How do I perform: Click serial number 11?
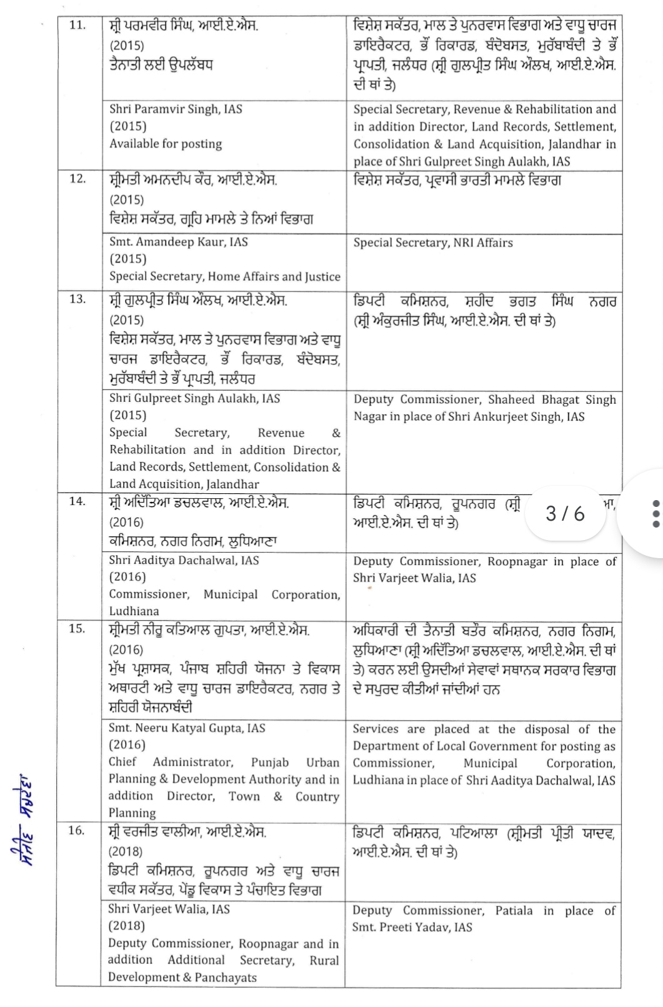coord(77,26)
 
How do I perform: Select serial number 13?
coord(77,299)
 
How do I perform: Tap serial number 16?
coord(77,831)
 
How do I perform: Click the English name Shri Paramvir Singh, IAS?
coord(176,109)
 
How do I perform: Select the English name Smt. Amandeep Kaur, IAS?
coord(178,242)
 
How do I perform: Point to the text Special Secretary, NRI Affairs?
coord(432,243)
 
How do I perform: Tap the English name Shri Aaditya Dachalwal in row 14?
coord(183,560)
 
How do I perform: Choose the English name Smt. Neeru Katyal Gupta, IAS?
coord(186,728)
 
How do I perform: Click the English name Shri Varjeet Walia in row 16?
coord(169,909)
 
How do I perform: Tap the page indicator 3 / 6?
coord(565,513)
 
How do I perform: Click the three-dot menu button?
coord(655,514)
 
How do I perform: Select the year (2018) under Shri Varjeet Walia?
coord(126,926)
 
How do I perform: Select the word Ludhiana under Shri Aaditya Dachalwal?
coord(134,611)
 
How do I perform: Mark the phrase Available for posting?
coord(166,144)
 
